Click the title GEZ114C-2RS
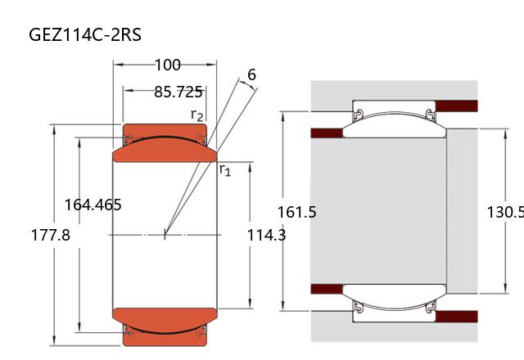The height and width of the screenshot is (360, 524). tap(85, 34)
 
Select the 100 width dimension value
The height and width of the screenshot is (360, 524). tap(168, 65)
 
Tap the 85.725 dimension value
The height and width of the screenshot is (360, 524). tap(178, 92)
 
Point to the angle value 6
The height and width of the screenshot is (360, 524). tap(251, 74)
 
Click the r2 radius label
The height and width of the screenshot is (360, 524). tap(196, 115)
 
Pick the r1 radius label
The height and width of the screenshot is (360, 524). tap(225, 169)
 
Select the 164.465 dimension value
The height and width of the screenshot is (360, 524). tap(93, 205)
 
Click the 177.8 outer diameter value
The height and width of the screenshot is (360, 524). tap(51, 235)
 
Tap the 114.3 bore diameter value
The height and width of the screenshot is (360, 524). tap(266, 235)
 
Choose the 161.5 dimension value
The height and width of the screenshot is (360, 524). tap(296, 212)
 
